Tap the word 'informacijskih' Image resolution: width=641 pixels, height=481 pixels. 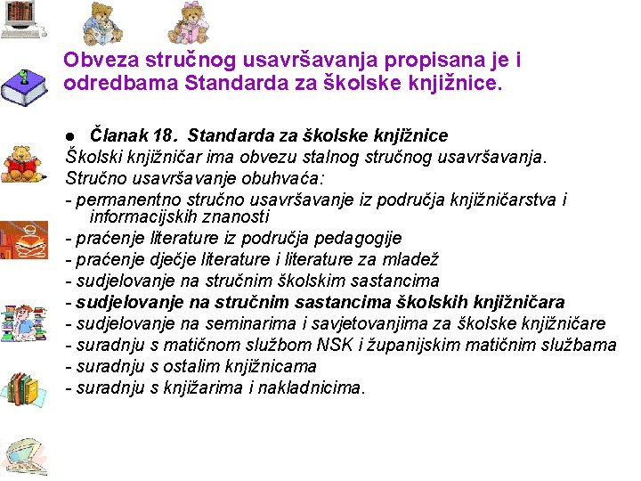[145, 216]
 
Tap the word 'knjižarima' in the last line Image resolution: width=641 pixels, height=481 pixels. [207, 387]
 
